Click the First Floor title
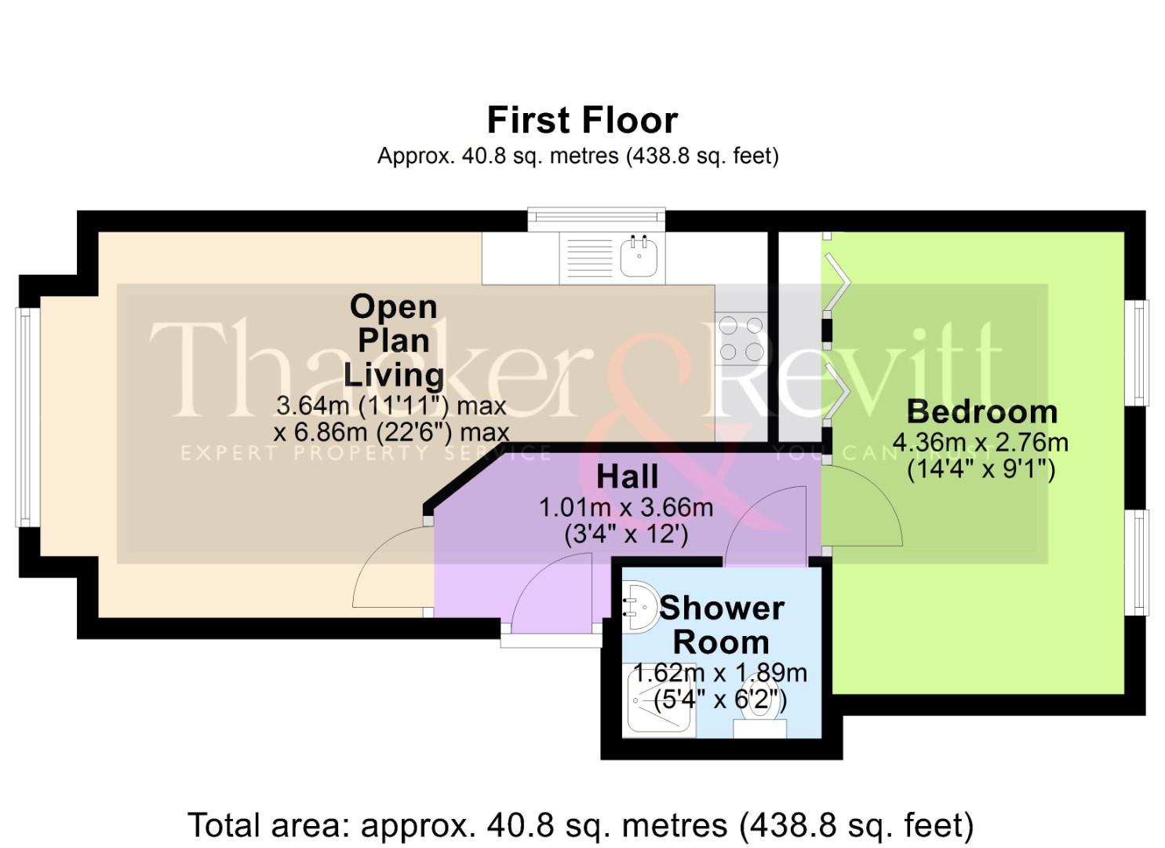point(581,120)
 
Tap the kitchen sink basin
point(639,257)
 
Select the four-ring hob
point(741,338)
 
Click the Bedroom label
point(981,411)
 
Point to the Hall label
point(627,477)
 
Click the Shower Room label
point(721,625)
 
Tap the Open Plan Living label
point(393,340)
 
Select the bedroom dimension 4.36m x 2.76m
point(981,442)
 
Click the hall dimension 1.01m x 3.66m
point(626,507)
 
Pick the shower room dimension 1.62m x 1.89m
point(719,673)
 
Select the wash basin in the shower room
point(642,606)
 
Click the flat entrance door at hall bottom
point(551,593)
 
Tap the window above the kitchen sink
point(596,219)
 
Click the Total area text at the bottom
point(581,825)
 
